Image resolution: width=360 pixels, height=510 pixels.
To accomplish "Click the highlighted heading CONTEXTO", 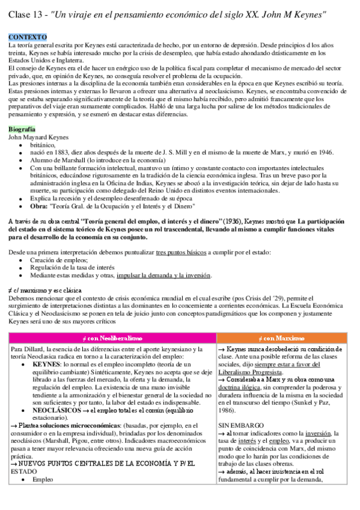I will (24, 37).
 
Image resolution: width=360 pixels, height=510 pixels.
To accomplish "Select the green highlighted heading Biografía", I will (22, 129).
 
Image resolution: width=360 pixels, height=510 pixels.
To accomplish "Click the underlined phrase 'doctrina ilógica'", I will (243, 396).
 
